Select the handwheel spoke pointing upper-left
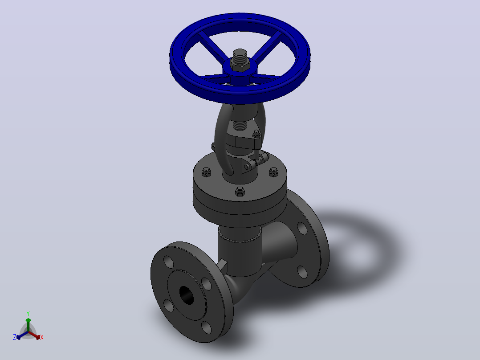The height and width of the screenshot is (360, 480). coord(213,47)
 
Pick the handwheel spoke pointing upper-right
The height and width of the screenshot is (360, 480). coord(266,47)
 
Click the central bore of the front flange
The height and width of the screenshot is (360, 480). coord(187,295)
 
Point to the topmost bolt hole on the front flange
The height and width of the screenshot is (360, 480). coord(169,262)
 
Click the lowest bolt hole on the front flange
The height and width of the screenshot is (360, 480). coord(207,327)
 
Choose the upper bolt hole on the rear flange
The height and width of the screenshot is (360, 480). coord(302,228)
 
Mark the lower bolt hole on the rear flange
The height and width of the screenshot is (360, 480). coord(302,272)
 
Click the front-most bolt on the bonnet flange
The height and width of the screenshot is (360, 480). coord(240,192)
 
